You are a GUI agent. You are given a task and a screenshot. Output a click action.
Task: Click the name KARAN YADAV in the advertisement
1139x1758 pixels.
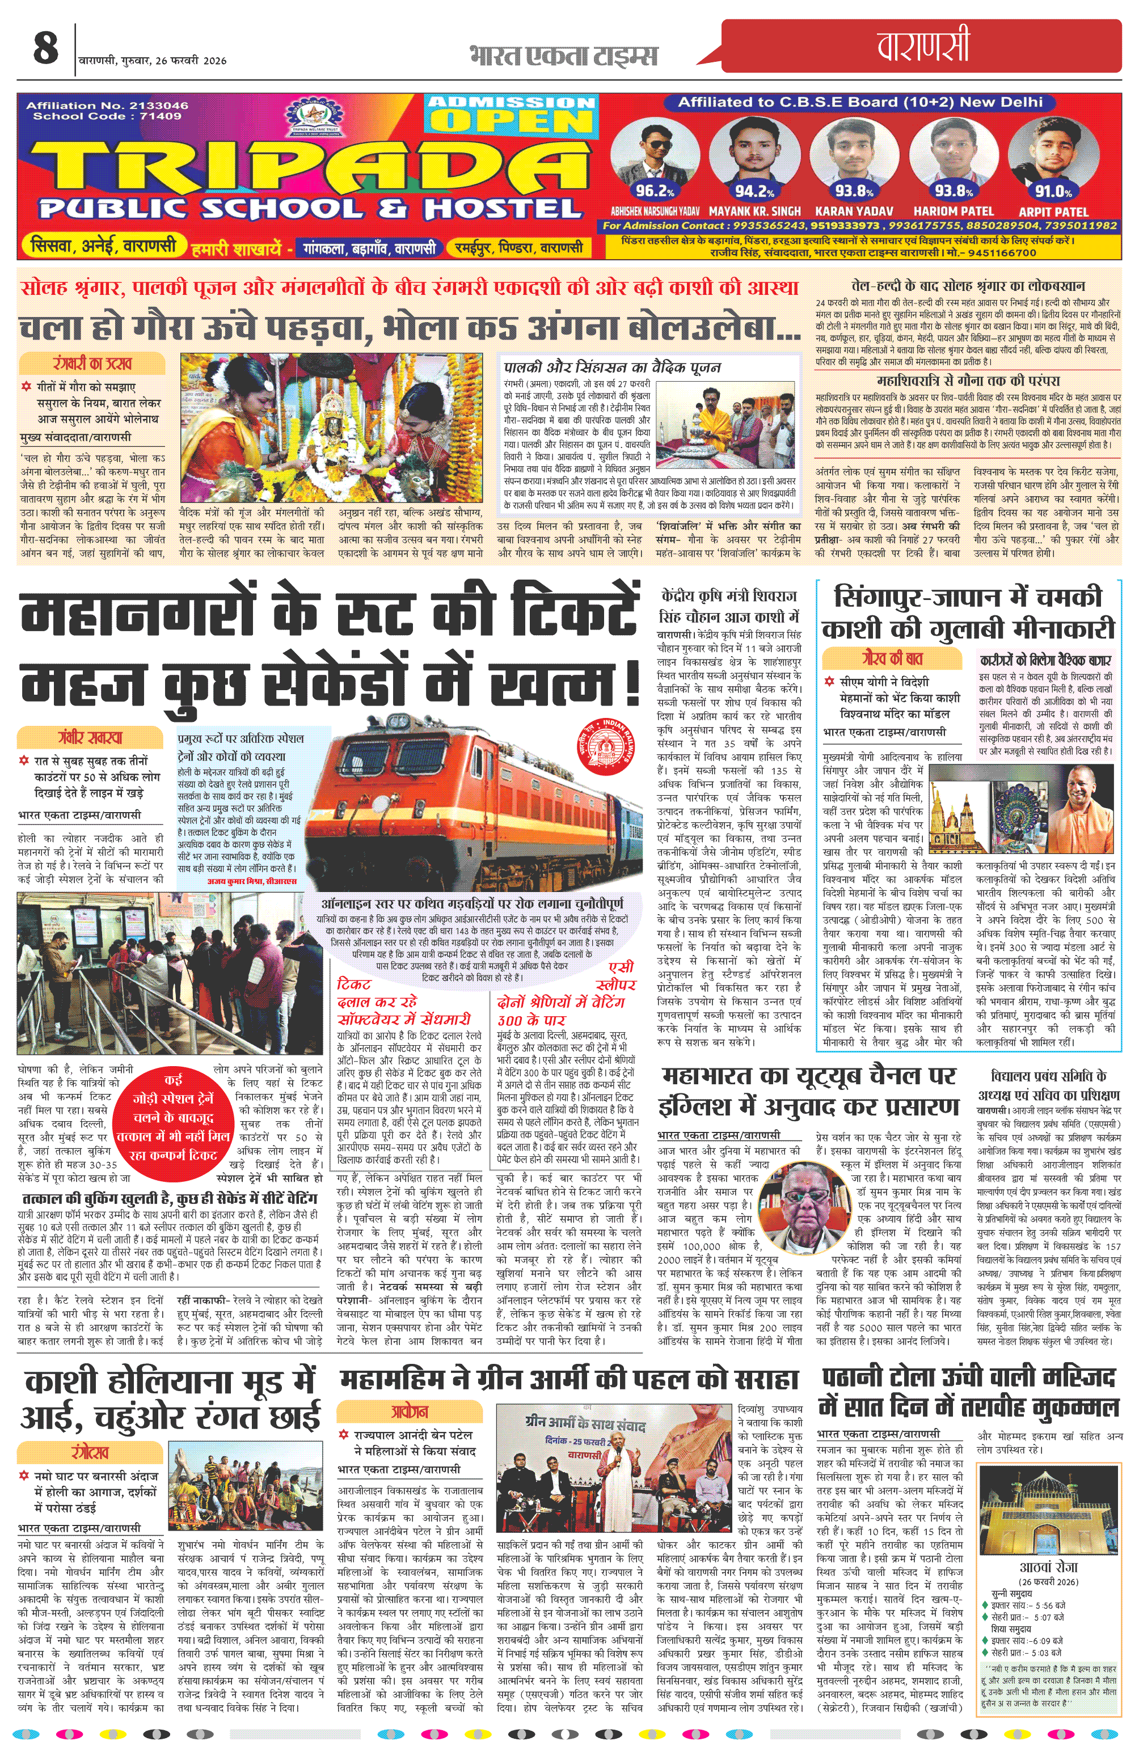[854, 212]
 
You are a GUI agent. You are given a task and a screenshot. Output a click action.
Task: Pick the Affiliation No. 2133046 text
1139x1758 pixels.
[107, 105]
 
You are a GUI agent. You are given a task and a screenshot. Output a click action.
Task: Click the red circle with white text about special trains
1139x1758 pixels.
[174, 1118]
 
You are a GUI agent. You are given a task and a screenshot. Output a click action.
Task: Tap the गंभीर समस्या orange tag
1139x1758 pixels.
[90, 737]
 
